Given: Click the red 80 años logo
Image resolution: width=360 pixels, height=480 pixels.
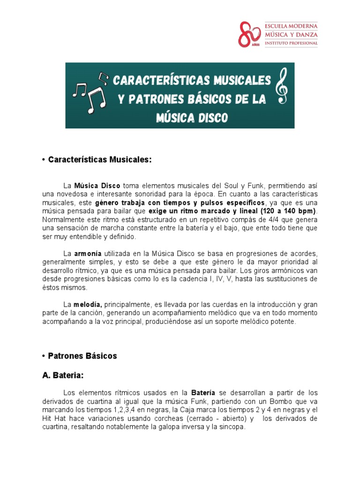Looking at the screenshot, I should click(249, 34).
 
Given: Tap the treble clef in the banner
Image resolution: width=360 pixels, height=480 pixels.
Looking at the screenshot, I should click(282, 85).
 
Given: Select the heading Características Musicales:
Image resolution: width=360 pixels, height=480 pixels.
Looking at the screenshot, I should click(100, 160).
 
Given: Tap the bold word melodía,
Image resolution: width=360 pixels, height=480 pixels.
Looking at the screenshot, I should click(88, 304).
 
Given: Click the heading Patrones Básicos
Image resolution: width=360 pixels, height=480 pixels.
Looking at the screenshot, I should click(82, 356).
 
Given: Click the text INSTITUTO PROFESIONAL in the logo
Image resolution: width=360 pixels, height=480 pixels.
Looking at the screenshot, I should click(291, 43).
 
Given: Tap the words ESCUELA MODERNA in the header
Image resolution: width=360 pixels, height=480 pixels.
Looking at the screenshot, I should click(291, 26).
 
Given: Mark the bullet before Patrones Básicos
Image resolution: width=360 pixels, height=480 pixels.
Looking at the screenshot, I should click(43, 356).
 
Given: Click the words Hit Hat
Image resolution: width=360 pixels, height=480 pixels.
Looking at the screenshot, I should click(56, 419).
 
